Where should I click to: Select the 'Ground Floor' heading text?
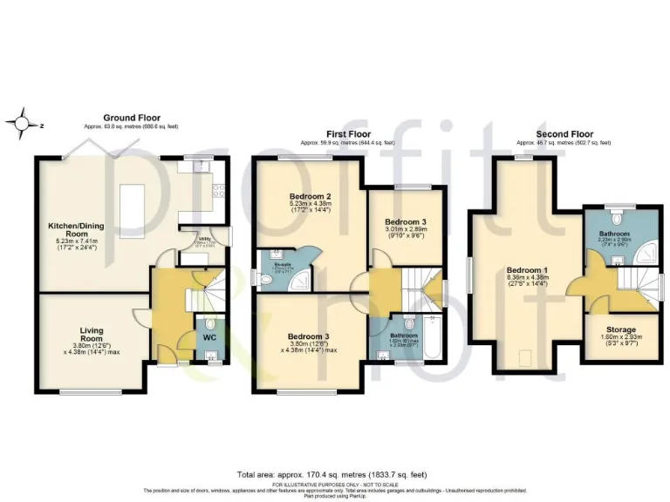[132, 118]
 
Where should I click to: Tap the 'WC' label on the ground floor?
[209, 336]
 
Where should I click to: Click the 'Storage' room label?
[622, 329]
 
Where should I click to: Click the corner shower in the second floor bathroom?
[644, 254]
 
